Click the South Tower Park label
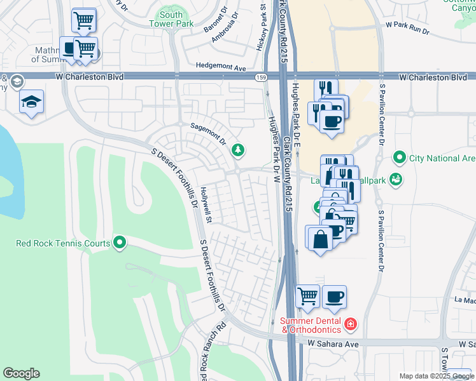(171, 19)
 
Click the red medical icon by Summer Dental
(349, 324)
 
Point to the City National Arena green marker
(400, 156)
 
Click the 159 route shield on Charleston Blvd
(261, 77)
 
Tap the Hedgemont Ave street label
(221, 67)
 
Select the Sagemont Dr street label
(209, 133)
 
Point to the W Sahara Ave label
(333, 343)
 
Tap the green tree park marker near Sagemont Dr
(238, 150)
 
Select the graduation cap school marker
(31, 102)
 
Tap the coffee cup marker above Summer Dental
(334, 297)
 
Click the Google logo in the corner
(21, 373)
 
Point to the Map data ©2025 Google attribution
(437, 376)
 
